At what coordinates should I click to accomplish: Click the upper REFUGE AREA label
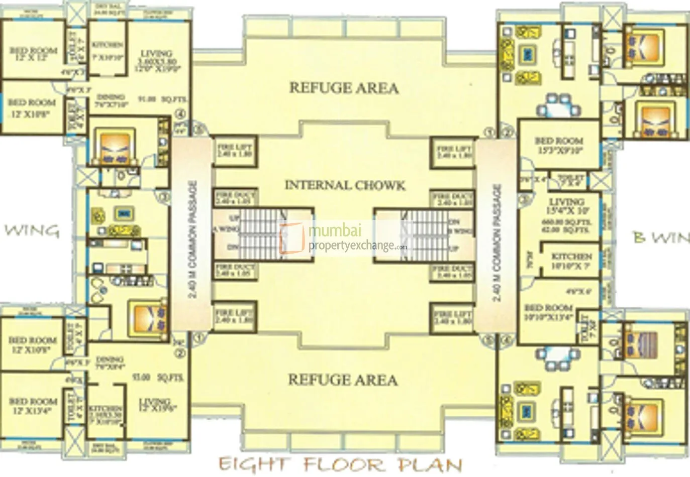(x=344, y=88)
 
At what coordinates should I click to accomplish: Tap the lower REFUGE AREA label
(x=343, y=380)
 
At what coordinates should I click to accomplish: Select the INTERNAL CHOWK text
(x=345, y=185)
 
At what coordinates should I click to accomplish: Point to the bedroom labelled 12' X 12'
(x=33, y=54)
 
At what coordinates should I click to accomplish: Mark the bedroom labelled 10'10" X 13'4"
(x=548, y=312)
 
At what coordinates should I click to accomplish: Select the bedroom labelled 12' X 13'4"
(x=33, y=406)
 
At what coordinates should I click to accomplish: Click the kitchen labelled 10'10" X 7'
(x=571, y=261)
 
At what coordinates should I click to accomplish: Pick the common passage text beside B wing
(x=497, y=243)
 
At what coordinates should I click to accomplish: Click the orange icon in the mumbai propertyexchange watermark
(x=292, y=238)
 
